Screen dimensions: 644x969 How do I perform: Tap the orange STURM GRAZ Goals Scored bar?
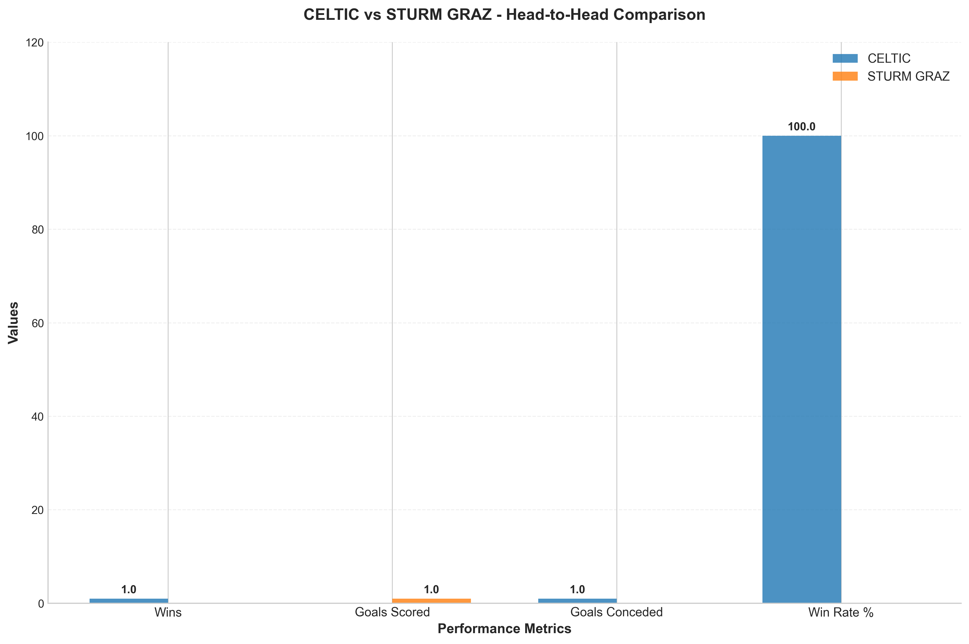431,601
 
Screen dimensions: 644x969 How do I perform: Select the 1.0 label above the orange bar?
431,590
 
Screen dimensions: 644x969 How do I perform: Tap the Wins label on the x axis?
168,613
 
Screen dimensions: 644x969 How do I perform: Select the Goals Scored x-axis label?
392,613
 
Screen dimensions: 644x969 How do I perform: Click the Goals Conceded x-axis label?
616,613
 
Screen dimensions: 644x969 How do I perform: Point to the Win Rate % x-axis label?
841,613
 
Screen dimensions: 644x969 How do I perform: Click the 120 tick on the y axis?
35,43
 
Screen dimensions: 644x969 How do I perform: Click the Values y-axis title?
14,323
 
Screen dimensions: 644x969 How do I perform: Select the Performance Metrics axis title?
504,629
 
